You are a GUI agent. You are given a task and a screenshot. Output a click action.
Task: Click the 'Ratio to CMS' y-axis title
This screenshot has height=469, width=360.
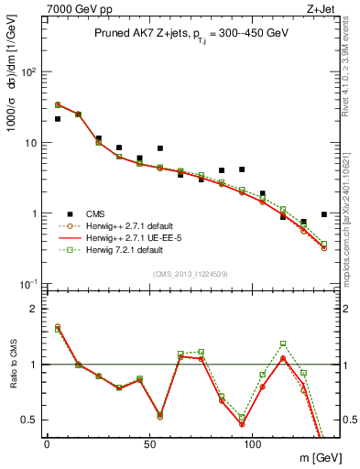point(13,365)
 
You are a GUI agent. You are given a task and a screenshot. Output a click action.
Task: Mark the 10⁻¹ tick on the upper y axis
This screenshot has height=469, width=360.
point(27,284)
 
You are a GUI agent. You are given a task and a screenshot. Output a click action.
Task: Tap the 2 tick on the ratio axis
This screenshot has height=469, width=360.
point(33,309)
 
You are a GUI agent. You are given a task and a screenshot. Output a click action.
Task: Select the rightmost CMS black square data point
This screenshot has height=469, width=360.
point(324,214)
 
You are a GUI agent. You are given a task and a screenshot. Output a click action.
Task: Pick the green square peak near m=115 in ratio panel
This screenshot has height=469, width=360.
point(283,344)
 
